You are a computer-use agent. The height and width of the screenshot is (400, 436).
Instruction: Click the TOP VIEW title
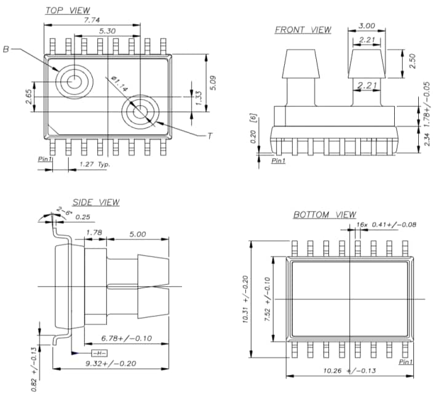coord(68,10)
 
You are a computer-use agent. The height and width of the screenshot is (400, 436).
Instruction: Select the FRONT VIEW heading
coord(303,30)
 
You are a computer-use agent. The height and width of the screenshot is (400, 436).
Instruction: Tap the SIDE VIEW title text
coord(96,202)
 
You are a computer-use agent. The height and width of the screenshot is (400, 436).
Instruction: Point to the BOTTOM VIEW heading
coord(324,215)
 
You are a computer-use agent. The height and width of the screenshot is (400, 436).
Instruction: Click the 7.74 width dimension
coord(93,20)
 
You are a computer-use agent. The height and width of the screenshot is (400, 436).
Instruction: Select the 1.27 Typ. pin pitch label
coord(95,164)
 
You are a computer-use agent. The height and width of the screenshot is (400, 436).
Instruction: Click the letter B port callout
coord(6,49)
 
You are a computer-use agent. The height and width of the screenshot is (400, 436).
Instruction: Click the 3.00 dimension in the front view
coord(367,26)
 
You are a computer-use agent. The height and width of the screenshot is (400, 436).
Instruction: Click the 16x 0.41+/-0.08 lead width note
coord(386,225)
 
